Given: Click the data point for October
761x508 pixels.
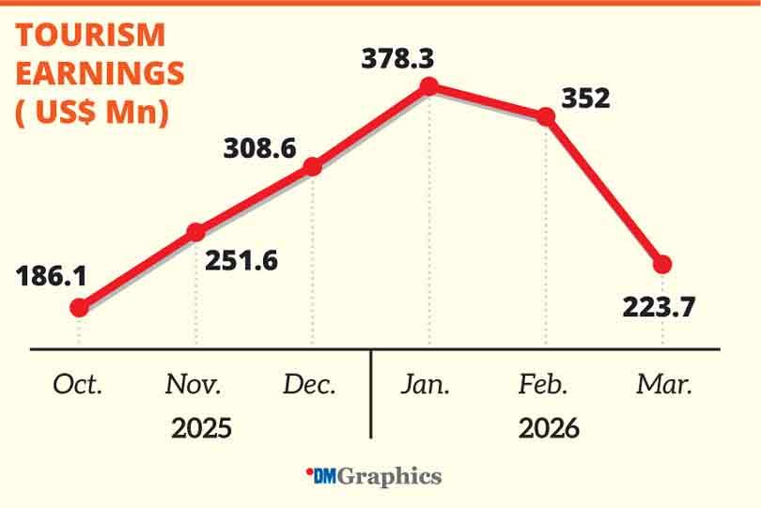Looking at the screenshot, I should tap(79, 307).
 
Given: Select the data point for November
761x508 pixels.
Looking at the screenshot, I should tap(195, 232).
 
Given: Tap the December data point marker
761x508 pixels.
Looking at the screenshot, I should tap(313, 167).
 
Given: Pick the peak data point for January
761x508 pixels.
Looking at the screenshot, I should tap(429, 86).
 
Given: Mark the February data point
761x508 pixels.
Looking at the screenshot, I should tap(546, 116).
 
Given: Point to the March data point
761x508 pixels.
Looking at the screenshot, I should tap(662, 264).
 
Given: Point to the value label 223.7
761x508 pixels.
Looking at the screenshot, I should tap(660, 306).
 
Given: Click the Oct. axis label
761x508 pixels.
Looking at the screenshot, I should tap(78, 385).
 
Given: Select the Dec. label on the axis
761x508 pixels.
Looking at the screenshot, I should tap(309, 385).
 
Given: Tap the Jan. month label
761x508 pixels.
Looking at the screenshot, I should tap(426, 385).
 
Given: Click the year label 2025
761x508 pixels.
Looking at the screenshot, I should tap(201, 428).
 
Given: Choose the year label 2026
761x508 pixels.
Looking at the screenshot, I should tap(549, 428).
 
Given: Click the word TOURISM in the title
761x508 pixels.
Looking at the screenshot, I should tap(90, 36).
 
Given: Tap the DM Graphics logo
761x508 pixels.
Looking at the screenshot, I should tap(374, 477).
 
